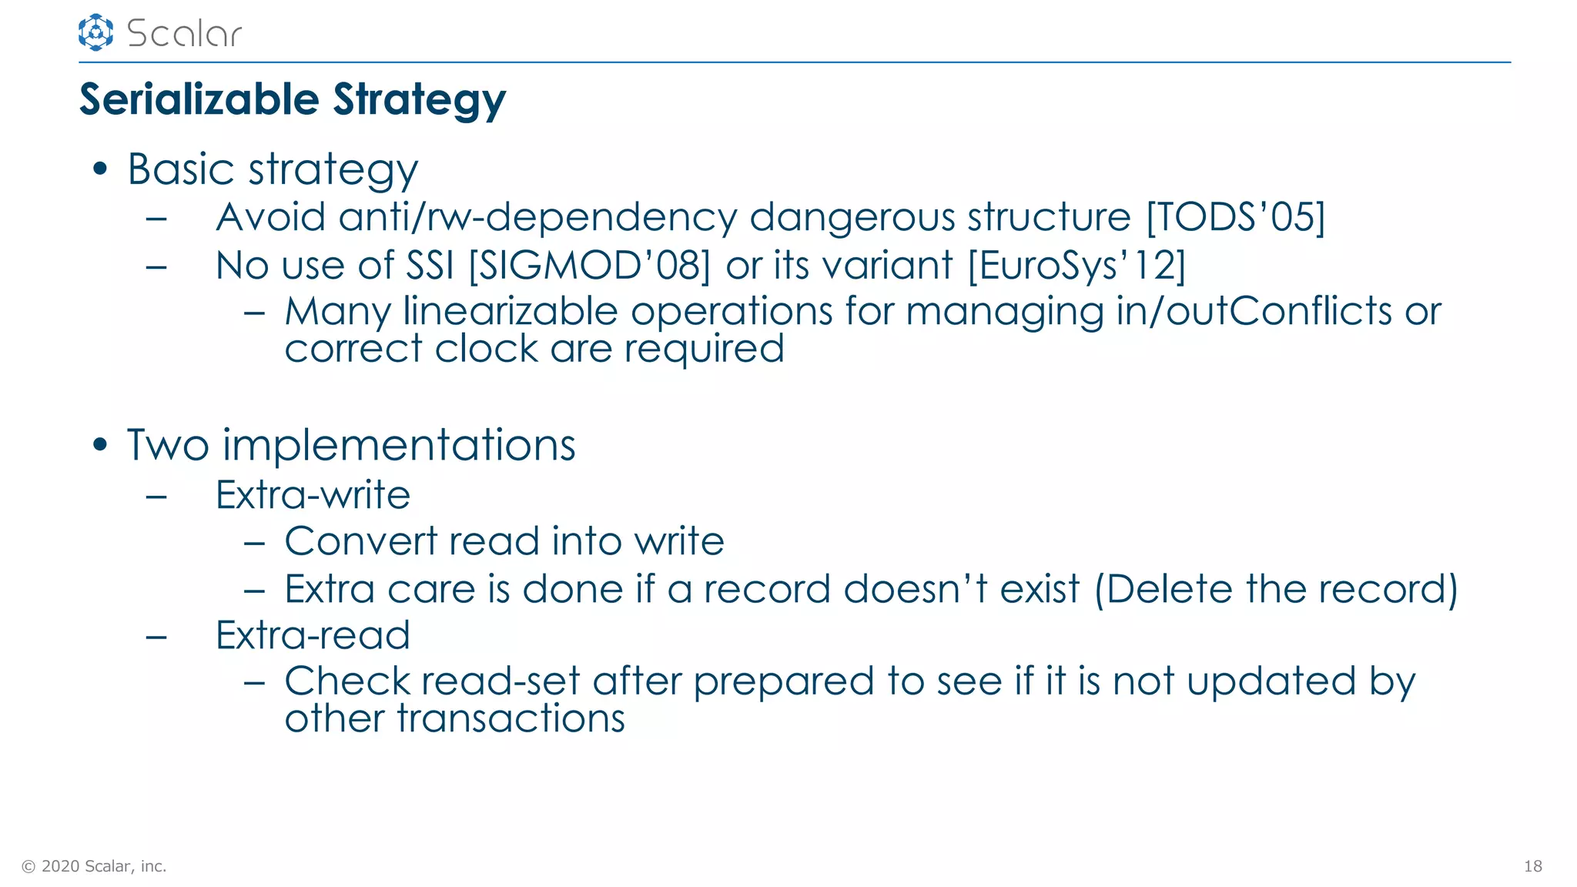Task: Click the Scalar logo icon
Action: pos(95,32)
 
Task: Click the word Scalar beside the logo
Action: pos(184,34)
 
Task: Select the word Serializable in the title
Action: pos(199,100)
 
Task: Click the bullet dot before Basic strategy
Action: pos(99,169)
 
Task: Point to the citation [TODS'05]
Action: pos(1235,217)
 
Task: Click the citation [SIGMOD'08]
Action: pos(589,266)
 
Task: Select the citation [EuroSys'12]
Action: pos(1076,266)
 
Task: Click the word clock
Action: pos(486,349)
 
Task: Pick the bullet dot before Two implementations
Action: pos(99,445)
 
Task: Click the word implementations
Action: pos(399,446)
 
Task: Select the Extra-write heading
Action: pos(313,495)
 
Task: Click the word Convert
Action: pos(360,541)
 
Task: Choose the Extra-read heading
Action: pos(313,635)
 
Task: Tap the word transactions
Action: pos(511,719)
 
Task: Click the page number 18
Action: pos(1532,866)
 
